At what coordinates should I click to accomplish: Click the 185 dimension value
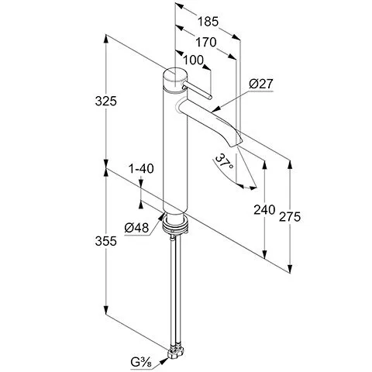click(x=208, y=22)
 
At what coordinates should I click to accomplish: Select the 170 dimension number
click(x=205, y=42)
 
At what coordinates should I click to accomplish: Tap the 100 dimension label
click(x=193, y=60)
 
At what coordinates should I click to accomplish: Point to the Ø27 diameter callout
click(x=261, y=84)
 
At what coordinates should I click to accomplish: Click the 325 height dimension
click(x=106, y=101)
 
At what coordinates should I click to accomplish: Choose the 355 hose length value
click(x=106, y=241)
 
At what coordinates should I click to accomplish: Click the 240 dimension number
click(x=264, y=210)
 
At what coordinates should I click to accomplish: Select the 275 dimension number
click(x=290, y=217)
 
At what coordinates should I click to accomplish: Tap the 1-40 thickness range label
click(x=141, y=169)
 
